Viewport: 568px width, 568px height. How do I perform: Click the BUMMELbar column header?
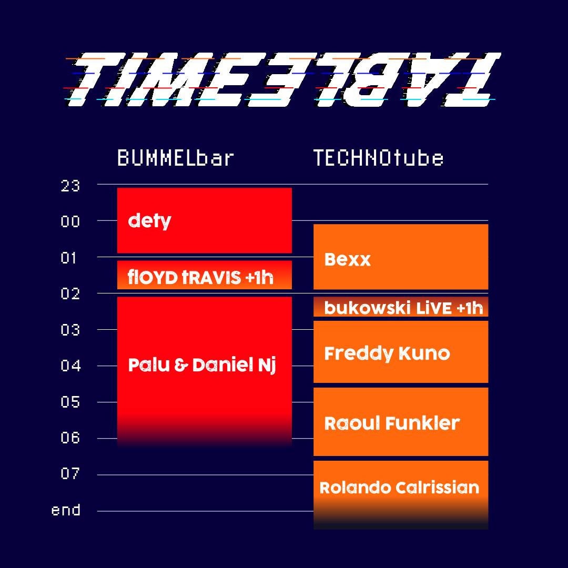pyautogui.click(x=176, y=158)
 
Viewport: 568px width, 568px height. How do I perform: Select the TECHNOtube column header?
pyautogui.click(x=379, y=158)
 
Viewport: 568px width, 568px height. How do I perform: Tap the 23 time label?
pyautogui.click(x=70, y=186)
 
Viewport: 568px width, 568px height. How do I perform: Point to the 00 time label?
pyautogui.click(x=70, y=221)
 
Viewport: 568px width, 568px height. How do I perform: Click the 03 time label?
pyautogui.click(x=70, y=330)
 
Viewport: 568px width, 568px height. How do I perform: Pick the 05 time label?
pyautogui.click(x=70, y=402)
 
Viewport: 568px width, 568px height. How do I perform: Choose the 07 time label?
pyautogui.click(x=70, y=473)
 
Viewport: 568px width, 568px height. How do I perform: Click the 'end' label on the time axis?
pyautogui.click(x=66, y=510)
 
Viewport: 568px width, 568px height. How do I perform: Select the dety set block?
pyautogui.click(x=204, y=220)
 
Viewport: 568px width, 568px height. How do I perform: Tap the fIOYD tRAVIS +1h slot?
pyautogui.click(x=204, y=275)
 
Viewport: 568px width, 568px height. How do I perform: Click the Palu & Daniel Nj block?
pyautogui.click(x=204, y=372)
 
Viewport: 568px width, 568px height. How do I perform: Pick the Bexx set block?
pyautogui.click(x=401, y=257)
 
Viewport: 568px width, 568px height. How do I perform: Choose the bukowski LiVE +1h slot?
pyautogui.click(x=401, y=307)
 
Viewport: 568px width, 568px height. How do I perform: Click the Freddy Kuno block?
pyautogui.click(x=401, y=352)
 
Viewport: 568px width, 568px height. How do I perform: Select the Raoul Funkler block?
pyautogui.click(x=401, y=422)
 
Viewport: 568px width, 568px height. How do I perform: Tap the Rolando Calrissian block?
pyautogui.click(x=401, y=495)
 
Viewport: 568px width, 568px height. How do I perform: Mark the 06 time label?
pyautogui.click(x=70, y=438)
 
